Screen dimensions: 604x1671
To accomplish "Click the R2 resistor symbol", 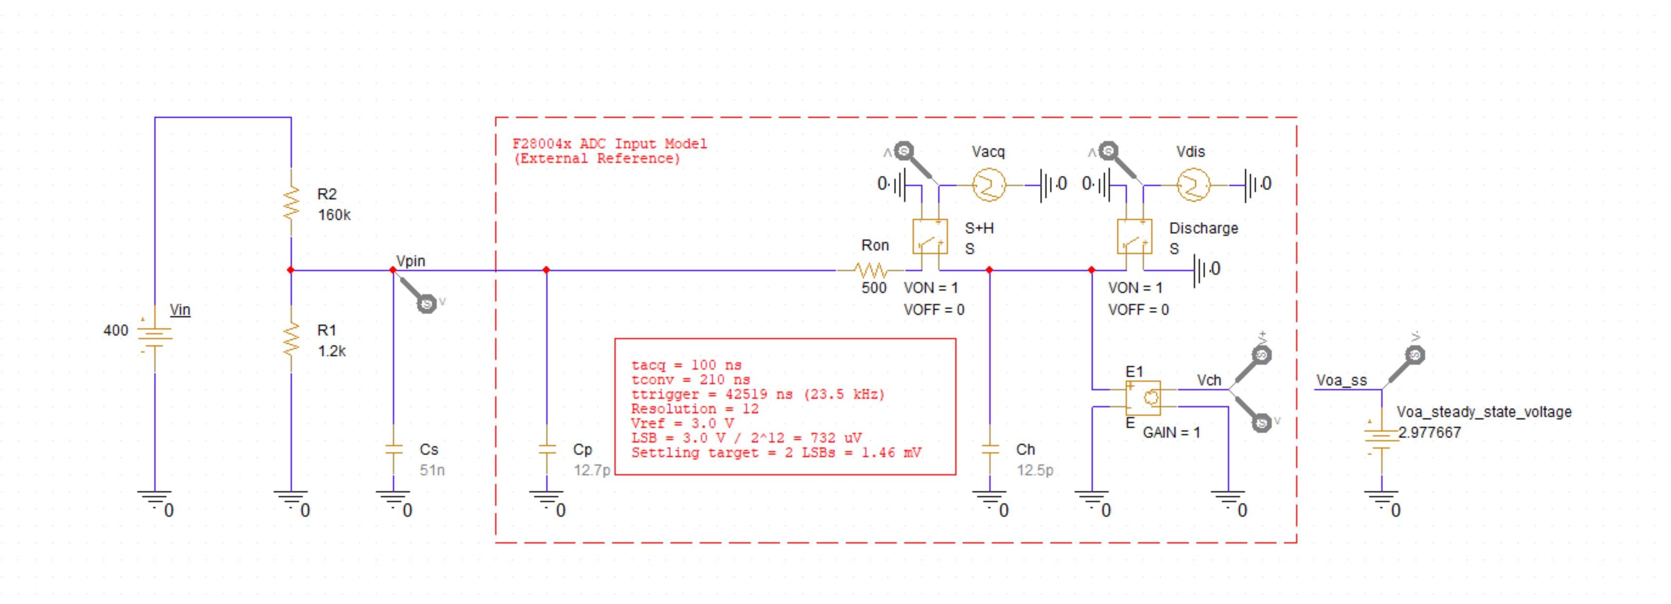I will pyautogui.click(x=291, y=202).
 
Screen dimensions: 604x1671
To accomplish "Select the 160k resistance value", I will pyautogui.click(x=334, y=215).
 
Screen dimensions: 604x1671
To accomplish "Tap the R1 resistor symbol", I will pyautogui.click(x=291, y=339).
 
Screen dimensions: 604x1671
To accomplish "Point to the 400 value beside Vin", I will pyautogui.click(x=115, y=331).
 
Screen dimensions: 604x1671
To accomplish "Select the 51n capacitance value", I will pyautogui.click(x=432, y=470).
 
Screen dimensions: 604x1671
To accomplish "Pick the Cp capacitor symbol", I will pyautogui.click(x=547, y=449).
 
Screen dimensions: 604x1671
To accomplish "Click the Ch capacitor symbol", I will pyautogui.click(x=990, y=449).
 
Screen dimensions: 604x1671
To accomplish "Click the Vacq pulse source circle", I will pyautogui.click(x=988, y=185).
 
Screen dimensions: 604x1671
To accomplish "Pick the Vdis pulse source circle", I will pyautogui.click(x=1193, y=185).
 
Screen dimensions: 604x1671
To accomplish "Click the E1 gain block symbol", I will pyautogui.click(x=1143, y=397).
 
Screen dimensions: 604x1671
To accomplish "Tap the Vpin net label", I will pyautogui.click(x=410, y=261).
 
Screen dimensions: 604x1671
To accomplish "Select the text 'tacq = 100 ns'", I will pyautogui.click(x=686, y=365).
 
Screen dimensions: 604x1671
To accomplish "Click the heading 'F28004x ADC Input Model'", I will pyautogui.click(x=609, y=143).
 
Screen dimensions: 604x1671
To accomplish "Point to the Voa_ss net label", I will pyautogui.click(x=1341, y=380).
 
